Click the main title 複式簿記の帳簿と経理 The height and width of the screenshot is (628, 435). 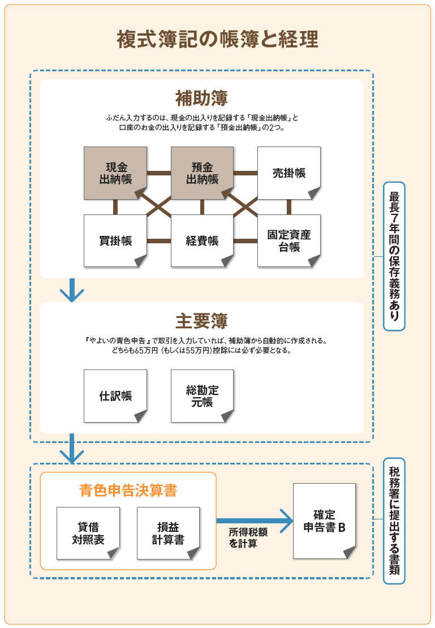(217, 40)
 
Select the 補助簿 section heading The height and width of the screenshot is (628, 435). (201, 98)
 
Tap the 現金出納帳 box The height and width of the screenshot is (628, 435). (115, 173)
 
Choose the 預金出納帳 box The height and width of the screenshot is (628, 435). (202, 173)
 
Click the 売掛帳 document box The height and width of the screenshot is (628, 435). (288, 173)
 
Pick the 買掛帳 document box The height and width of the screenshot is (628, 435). (115, 240)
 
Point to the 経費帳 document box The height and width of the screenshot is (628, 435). (202, 240)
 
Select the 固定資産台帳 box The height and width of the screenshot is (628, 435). (288, 240)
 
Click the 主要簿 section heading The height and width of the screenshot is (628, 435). (201, 321)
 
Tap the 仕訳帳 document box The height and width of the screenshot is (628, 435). (115, 396)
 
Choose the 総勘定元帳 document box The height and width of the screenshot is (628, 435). (202, 396)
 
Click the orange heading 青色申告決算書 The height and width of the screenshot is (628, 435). (128, 491)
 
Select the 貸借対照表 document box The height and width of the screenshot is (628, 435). (88, 533)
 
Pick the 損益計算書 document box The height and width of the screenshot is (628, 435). (168, 533)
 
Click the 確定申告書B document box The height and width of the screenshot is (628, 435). (324, 521)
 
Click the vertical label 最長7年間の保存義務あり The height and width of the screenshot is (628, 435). (394, 256)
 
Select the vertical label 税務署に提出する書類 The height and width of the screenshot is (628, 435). (394, 521)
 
